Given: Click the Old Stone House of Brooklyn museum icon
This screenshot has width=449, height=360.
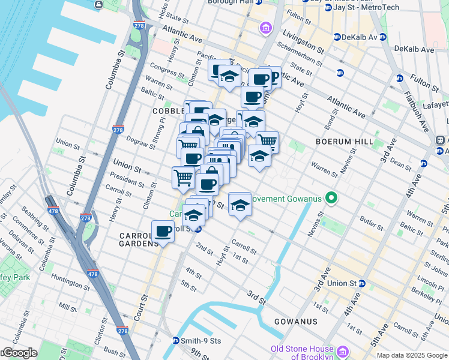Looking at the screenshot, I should tap(342, 350).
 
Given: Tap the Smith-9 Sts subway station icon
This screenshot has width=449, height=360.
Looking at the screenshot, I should tap(176, 341).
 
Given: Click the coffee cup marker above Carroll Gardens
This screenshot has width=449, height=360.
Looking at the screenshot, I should tap(163, 231).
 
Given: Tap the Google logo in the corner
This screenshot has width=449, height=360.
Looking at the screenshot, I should tap(19, 353).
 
